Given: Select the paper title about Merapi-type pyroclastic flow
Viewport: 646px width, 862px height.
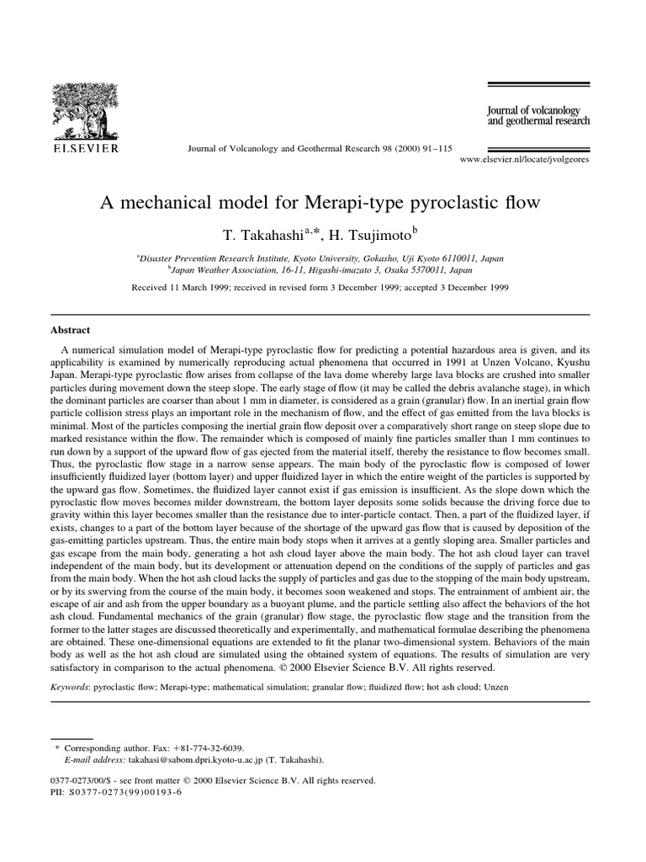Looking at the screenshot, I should point(320,203).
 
